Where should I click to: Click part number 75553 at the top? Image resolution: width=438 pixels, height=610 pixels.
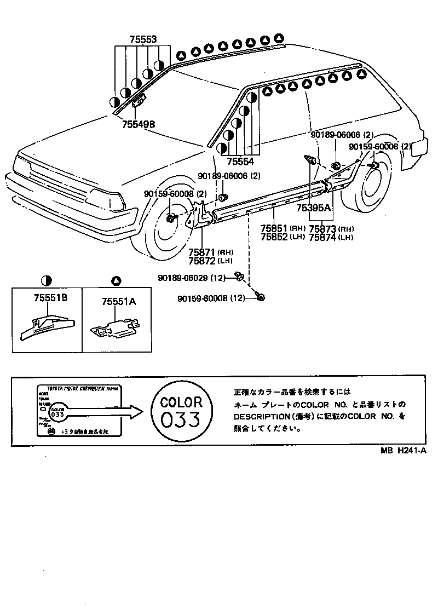[x=143, y=39]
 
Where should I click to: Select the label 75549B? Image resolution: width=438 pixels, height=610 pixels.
[x=139, y=124]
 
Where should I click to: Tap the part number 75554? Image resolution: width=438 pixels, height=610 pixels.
[x=240, y=162]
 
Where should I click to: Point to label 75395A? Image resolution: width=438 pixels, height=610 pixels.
[x=314, y=208]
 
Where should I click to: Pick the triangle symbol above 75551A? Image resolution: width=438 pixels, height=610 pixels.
[x=116, y=281]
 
